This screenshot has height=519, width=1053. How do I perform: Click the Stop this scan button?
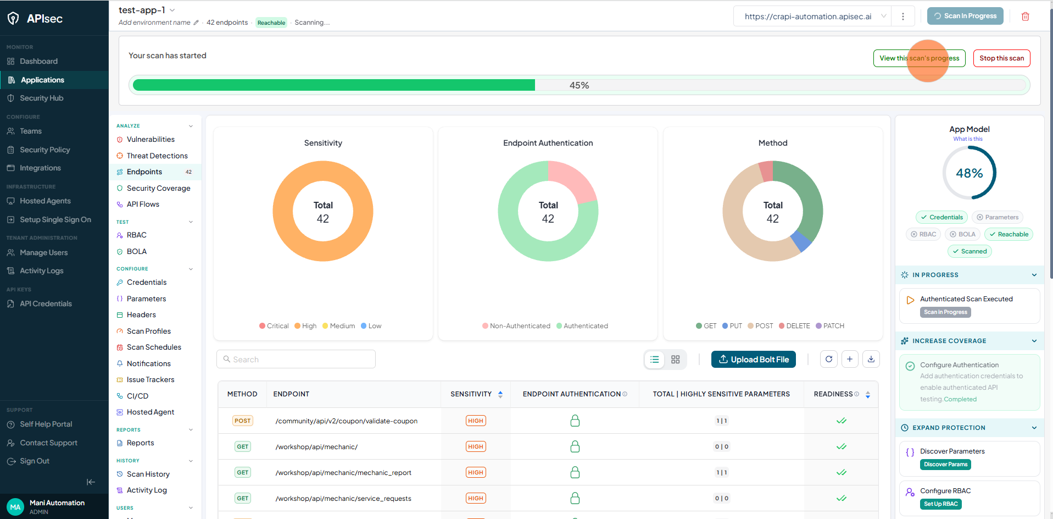pyautogui.click(x=1001, y=58)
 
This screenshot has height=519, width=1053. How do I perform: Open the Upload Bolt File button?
pyautogui.click(x=753, y=360)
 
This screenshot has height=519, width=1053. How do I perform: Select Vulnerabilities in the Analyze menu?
pyautogui.click(x=151, y=140)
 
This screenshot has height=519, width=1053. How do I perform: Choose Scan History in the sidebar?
pyautogui.click(x=148, y=474)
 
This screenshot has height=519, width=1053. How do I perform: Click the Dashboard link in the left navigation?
pyautogui.click(x=38, y=61)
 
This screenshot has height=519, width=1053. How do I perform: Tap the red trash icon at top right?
pyautogui.click(x=1025, y=16)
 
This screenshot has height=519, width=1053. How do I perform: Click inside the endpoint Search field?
pyautogui.click(x=296, y=359)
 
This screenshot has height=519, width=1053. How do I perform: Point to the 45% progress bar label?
pyautogui.click(x=579, y=85)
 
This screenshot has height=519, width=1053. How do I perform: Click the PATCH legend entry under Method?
pyautogui.click(x=830, y=326)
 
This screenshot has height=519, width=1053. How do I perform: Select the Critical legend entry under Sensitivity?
pyautogui.click(x=274, y=326)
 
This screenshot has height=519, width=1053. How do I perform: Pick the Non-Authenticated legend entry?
pyautogui.click(x=516, y=326)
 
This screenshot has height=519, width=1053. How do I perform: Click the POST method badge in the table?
pyautogui.click(x=242, y=421)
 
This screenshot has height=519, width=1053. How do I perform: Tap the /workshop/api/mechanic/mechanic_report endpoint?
pyautogui.click(x=343, y=473)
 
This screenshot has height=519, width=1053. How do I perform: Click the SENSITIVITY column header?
pyautogui.click(x=471, y=394)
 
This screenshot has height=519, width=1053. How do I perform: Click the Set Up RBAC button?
pyautogui.click(x=940, y=504)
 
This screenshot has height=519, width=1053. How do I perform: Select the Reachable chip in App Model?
pyautogui.click(x=1009, y=234)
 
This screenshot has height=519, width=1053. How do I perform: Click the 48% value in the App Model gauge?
pyautogui.click(x=970, y=173)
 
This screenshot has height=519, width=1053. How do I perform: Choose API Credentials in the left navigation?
pyautogui.click(x=46, y=303)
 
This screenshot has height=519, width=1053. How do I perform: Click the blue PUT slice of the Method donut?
pyautogui.click(x=801, y=241)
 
